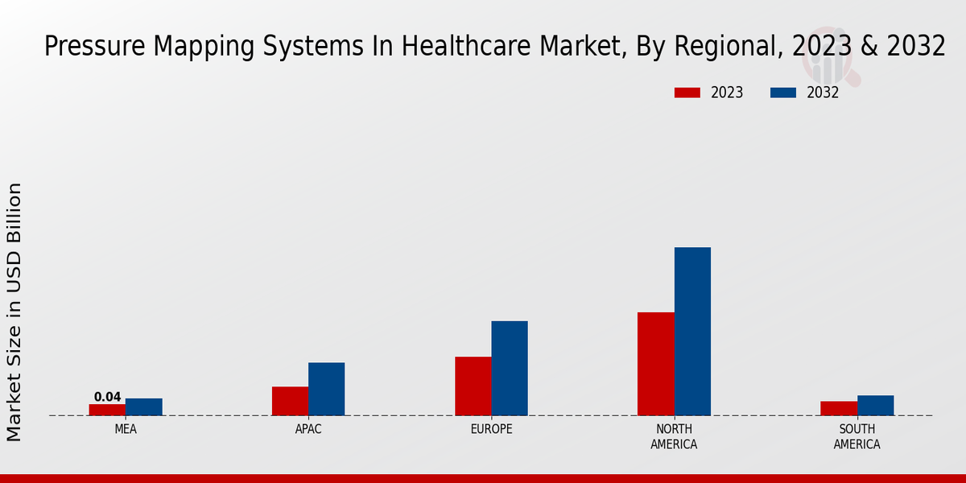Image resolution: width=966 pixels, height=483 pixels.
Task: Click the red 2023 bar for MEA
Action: click(x=107, y=410)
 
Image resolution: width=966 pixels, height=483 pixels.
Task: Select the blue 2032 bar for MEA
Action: click(x=144, y=407)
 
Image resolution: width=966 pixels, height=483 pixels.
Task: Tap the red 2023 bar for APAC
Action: click(x=290, y=401)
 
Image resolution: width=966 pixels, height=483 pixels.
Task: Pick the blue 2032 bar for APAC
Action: click(x=326, y=389)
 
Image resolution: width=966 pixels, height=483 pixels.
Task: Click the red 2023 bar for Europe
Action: click(x=473, y=386)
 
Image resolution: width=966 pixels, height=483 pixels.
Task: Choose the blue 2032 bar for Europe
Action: click(x=510, y=369)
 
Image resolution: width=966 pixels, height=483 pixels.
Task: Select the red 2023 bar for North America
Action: click(x=656, y=364)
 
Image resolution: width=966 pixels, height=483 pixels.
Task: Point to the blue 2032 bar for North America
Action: click(x=692, y=332)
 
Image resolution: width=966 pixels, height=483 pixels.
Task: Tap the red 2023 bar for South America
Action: click(x=839, y=408)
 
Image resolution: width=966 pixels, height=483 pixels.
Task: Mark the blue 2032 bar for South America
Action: click(x=875, y=406)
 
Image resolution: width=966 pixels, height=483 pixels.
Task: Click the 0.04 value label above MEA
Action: click(x=107, y=397)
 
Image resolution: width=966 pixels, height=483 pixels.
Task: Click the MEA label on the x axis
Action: click(x=126, y=430)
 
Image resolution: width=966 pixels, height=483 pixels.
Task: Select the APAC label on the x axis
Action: click(x=308, y=430)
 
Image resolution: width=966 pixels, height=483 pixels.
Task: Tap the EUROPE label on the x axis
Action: click(x=491, y=430)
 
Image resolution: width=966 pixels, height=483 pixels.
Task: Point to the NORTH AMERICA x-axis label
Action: click(x=675, y=437)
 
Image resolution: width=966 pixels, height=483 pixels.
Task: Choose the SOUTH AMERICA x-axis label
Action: click(x=857, y=437)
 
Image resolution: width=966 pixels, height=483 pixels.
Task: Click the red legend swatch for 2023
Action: click(x=687, y=93)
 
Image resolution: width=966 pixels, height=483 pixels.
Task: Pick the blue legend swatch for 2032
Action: click(x=782, y=93)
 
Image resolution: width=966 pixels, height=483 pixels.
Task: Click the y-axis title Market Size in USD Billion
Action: click(x=14, y=312)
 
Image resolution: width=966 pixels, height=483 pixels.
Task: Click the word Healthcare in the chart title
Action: click(x=464, y=47)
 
